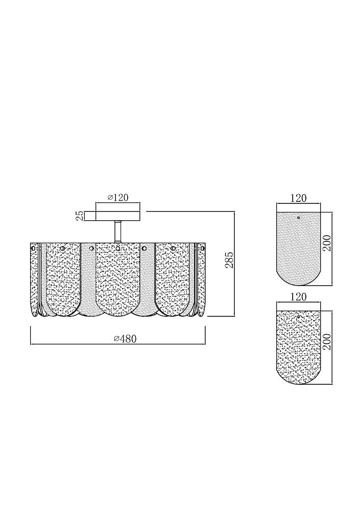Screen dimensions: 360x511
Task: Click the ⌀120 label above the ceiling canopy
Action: point(117,197)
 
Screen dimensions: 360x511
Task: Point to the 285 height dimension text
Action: point(229,260)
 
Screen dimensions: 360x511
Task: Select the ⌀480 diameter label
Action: point(125,339)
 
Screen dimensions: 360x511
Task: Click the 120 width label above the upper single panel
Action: point(298,198)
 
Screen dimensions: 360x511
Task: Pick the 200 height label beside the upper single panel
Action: point(327,243)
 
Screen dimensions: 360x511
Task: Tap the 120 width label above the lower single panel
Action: point(298,297)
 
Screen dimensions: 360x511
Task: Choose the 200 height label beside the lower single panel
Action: point(327,342)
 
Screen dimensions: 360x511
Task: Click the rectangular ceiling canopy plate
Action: point(112,216)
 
